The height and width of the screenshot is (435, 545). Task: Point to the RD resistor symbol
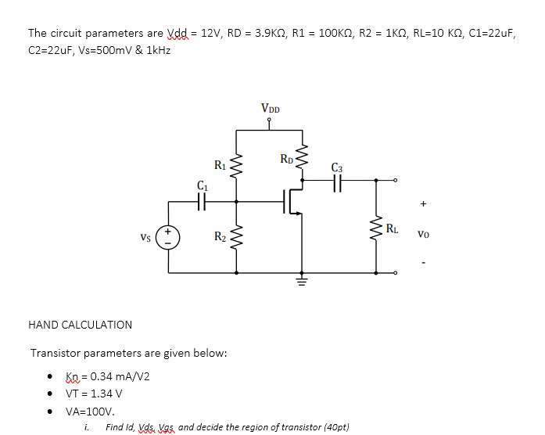pos(299,160)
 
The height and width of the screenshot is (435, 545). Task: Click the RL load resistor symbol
pos(376,229)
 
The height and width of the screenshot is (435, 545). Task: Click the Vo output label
pos(423,233)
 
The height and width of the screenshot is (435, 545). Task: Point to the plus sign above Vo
pos(423,205)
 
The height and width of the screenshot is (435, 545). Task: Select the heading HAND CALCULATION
pos(80,325)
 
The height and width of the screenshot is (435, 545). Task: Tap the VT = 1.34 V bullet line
pos(94,394)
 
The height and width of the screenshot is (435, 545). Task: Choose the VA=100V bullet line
pos(90,411)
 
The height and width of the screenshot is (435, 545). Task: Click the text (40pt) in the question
pos(335,427)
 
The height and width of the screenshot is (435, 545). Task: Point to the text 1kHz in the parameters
pos(155,50)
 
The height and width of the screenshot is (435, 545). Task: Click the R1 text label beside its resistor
pos(220,164)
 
